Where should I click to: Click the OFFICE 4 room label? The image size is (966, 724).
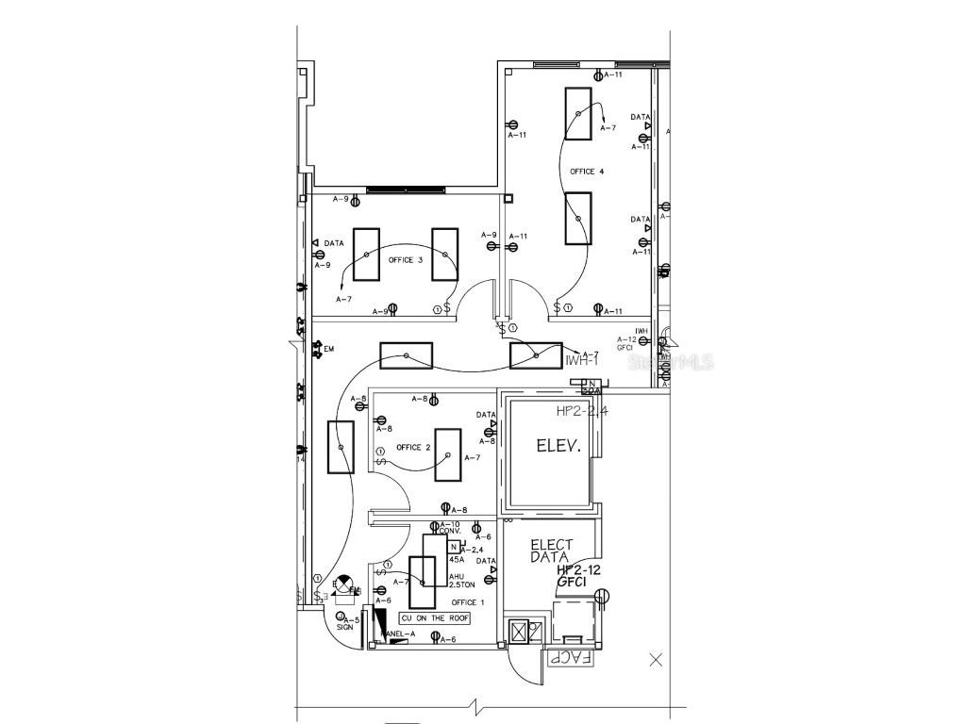click(x=587, y=172)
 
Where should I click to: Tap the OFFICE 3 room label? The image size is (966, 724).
click(x=405, y=260)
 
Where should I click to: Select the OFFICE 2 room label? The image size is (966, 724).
click(x=413, y=448)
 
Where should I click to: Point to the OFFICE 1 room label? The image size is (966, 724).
click(x=468, y=602)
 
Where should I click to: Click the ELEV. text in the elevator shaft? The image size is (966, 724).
click(x=557, y=446)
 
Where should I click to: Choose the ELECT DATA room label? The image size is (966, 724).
click(x=551, y=551)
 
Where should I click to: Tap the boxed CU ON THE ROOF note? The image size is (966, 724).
click(x=433, y=618)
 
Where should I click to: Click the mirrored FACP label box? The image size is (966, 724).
click(x=569, y=658)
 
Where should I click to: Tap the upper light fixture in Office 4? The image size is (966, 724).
click(x=578, y=113)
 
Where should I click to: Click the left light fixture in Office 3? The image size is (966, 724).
click(x=366, y=254)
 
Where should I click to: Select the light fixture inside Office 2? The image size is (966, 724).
click(x=448, y=455)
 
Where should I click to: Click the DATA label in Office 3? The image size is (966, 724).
click(x=334, y=243)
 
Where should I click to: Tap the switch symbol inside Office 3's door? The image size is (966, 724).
click(x=445, y=308)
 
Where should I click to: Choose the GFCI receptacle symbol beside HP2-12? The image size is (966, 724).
click(x=605, y=594)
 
